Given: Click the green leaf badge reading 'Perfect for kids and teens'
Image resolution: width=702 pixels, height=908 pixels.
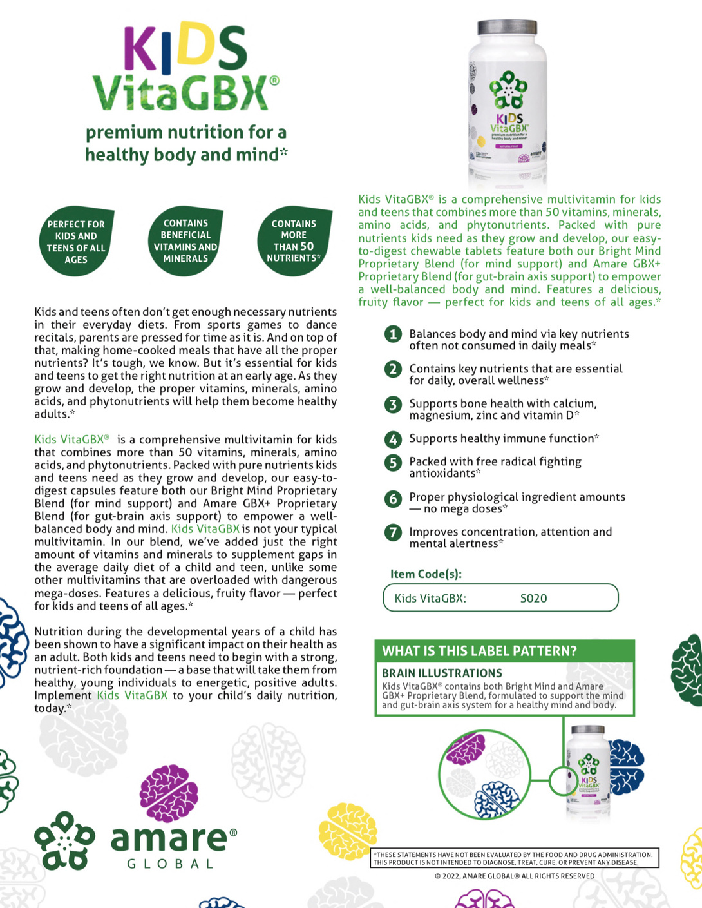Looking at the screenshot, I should coord(76,242).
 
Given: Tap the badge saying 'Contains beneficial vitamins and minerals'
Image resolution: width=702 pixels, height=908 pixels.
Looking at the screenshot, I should coord(185,241).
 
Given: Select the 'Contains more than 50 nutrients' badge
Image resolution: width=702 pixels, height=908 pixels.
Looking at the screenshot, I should coord(294,241).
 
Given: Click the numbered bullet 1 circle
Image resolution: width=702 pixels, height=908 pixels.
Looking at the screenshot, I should coord(392,334).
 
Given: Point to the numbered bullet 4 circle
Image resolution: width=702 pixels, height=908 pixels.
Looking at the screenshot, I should coord(392,440).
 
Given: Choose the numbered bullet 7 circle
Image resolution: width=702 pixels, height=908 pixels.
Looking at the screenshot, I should coord(392,533).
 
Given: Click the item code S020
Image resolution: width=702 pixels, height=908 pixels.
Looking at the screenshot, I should coord(533,598).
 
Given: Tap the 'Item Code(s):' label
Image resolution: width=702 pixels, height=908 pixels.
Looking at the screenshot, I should coord(426,574).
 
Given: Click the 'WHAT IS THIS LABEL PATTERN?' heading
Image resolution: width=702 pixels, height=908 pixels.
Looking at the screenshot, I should coord(479,651).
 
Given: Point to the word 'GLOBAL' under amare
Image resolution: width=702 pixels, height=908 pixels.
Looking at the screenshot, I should coord(170,864).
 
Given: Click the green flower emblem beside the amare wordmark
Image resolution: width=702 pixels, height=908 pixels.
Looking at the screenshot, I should coord(64,840).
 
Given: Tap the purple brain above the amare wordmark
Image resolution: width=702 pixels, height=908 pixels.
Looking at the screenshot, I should coord(169,792).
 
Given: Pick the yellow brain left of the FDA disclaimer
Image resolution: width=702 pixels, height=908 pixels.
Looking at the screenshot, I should coord(347,832).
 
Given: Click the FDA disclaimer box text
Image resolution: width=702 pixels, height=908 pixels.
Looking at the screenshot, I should coord(515,858).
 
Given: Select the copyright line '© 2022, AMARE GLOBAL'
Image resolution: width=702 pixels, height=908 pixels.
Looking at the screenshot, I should coord(515,876).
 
